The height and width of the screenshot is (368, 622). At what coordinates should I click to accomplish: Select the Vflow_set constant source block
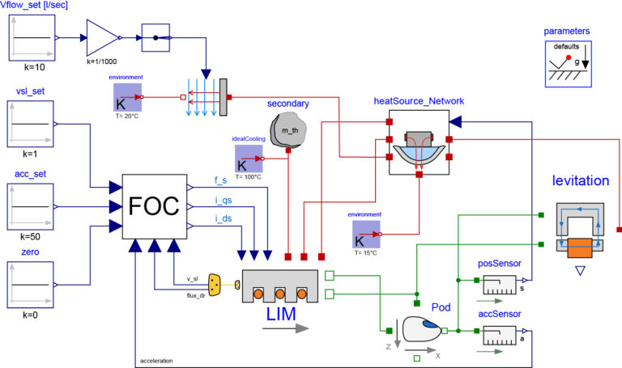click(x=32, y=36)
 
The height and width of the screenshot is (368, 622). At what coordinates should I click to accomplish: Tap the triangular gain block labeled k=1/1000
click(x=102, y=36)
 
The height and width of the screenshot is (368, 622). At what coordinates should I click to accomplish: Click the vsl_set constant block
click(x=32, y=123)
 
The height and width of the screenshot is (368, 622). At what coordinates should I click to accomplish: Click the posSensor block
click(x=499, y=285)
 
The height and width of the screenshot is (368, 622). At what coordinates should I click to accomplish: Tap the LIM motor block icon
click(x=279, y=287)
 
